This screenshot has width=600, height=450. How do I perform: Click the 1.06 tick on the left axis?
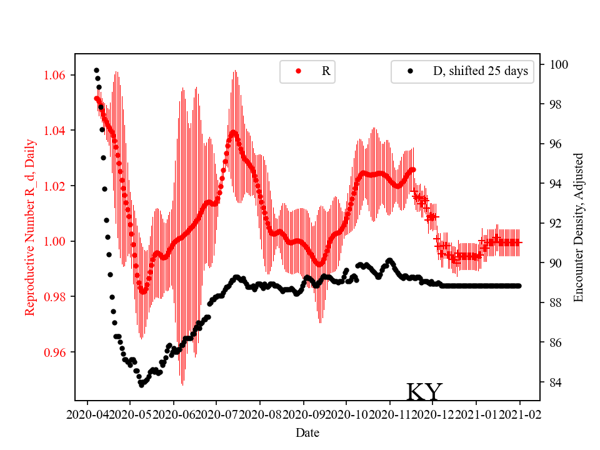(x=58, y=76)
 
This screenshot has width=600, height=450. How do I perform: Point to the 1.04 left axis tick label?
(x=58, y=131)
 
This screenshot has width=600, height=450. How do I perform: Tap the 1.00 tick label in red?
(x=58, y=241)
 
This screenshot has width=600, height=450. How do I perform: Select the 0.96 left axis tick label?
(x=58, y=352)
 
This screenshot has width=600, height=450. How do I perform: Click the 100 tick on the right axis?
(x=559, y=64)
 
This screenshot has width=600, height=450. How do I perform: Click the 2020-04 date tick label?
(x=87, y=414)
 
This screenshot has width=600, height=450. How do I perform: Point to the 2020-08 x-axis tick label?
(x=260, y=414)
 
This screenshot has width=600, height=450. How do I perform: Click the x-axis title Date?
(x=307, y=432)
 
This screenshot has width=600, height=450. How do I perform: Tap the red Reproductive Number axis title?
(x=29, y=227)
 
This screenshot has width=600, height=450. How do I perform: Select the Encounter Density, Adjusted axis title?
(x=578, y=227)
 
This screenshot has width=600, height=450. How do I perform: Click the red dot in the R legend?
(x=298, y=71)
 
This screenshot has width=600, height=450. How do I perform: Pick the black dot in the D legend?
(x=410, y=71)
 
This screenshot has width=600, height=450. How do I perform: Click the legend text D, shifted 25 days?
(x=480, y=71)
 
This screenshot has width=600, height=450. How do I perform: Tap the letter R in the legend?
(x=326, y=71)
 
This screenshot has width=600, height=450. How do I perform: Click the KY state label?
(x=424, y=392)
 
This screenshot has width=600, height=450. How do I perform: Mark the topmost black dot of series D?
(x=96, y=70)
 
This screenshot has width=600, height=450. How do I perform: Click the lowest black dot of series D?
(x=141, y=385)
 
